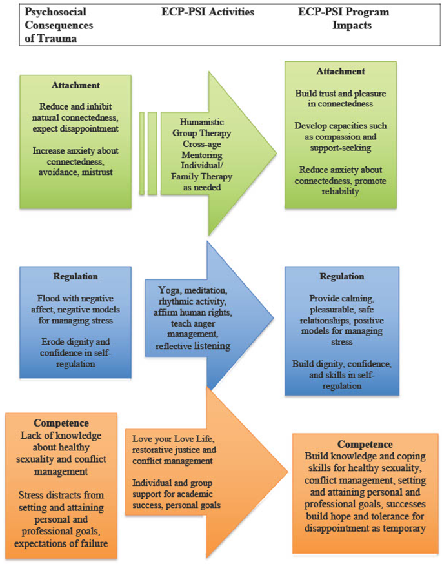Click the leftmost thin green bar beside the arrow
point(141,152)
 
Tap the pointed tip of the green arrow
point(276,153)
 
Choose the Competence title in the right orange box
point(360,445)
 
